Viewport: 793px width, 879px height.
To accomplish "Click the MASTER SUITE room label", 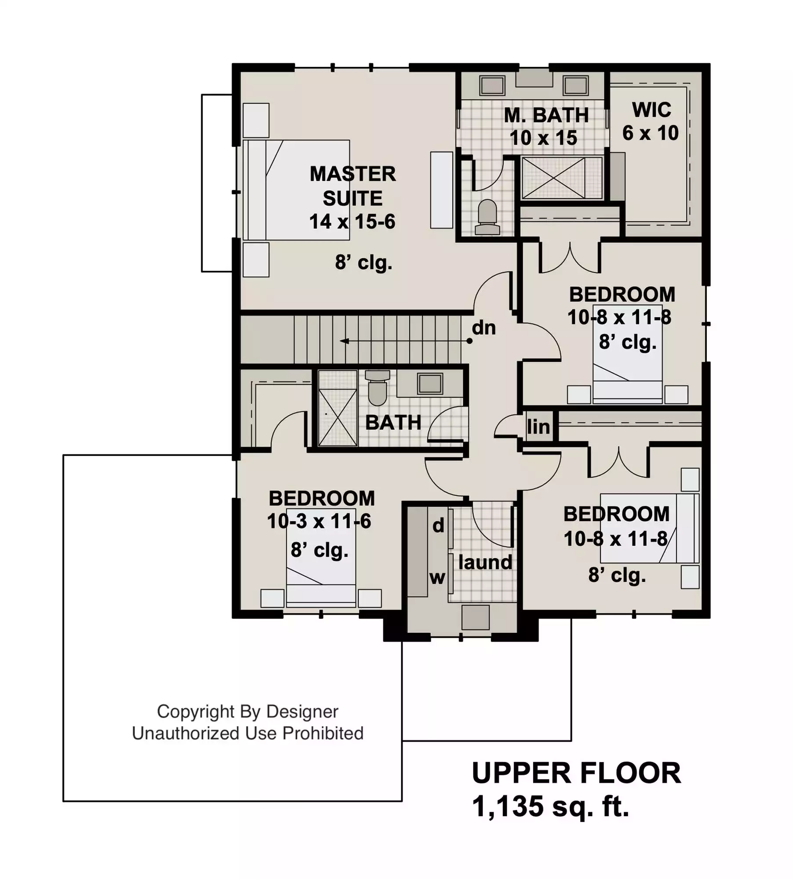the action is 353,186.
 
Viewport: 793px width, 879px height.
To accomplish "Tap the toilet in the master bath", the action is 487,218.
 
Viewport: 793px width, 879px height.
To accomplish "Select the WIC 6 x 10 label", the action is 651,121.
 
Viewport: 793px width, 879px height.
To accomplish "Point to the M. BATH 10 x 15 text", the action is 546,127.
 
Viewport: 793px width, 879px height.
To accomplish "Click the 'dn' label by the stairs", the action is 484,327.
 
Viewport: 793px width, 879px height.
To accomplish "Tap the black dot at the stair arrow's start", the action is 469,341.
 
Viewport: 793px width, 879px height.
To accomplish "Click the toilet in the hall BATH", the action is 377,388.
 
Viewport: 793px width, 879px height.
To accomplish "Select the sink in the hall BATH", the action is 430,384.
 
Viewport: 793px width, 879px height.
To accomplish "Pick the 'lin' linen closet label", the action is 538,426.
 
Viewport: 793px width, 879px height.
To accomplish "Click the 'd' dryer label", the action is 438,525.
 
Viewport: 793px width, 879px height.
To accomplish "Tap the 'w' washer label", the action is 437,578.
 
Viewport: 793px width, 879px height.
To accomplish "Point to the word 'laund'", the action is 485,562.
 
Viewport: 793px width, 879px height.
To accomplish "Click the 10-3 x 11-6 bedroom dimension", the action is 319,521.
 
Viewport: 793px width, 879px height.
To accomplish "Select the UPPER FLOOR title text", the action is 576,773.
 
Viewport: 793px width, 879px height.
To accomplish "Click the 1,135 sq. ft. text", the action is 551,806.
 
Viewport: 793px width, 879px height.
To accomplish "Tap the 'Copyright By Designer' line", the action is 247,712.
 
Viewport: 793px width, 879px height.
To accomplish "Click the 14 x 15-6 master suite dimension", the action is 352,222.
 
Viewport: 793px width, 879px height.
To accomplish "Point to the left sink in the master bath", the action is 492,85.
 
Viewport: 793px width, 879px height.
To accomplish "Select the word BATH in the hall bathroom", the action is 393,423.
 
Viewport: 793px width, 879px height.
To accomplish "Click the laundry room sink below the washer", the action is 475,617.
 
